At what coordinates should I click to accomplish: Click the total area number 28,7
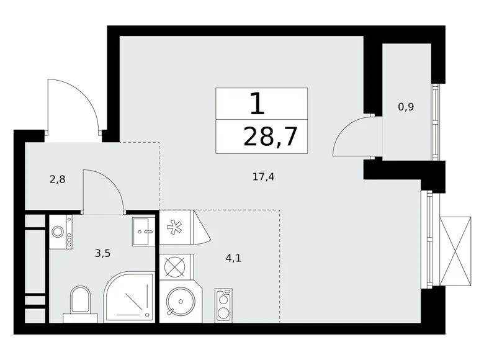coord(270,137)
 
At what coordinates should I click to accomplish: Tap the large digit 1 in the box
coord(257,104)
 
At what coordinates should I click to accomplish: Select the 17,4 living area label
coord(263,177)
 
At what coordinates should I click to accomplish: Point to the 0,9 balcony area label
coord(406,107)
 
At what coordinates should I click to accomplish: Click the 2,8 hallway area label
coord(58,179)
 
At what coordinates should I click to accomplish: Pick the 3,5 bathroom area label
coord(102,254)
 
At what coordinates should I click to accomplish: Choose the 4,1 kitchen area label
coord(233,258)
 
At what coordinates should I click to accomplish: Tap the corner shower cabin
coord(129,297)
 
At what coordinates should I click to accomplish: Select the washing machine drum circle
coord(58,232)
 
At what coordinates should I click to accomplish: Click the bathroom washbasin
coord(143,232)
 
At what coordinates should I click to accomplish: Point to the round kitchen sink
coord(181,301)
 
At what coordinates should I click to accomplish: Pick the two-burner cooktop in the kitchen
coord(223,305)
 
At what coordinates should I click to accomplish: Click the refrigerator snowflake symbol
coord(174,228)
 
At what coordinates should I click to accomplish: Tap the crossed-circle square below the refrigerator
coord(174,267)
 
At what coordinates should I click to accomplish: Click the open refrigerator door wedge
coord(200,227)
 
